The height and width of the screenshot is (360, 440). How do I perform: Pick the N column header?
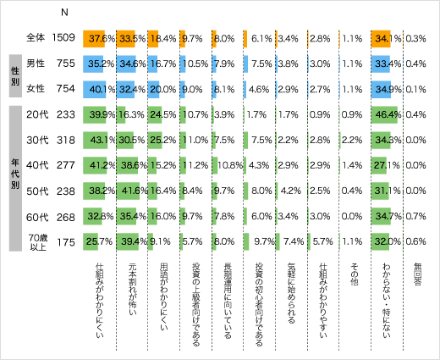(64, 13)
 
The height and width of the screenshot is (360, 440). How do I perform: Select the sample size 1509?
(64, 37)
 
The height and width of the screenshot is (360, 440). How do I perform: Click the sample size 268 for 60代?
(64, 216)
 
